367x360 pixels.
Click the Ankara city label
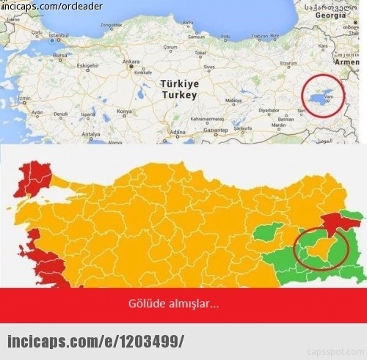point(131,61)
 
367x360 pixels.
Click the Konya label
point(125,111)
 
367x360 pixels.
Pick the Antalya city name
point(91,135)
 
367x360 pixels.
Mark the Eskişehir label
point(87,65)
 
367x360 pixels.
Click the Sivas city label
point(210,66)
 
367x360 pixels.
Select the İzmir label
point(24,98)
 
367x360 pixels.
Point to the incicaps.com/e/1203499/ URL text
point(95,342)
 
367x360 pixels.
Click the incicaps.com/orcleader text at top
point(51,6)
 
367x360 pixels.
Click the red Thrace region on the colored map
point(32,180)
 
